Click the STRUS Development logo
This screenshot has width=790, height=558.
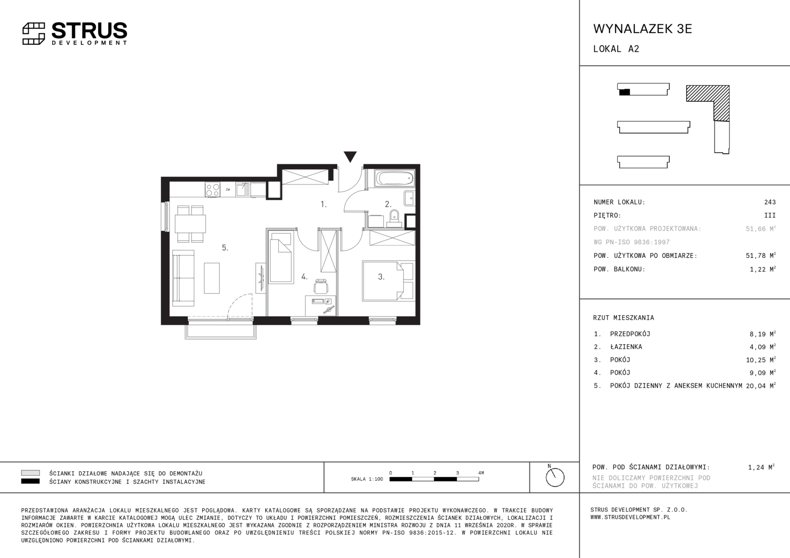pyautogui.click(x=75, y=34)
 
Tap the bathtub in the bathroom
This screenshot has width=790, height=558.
pyautogui.click(x=395, y=178)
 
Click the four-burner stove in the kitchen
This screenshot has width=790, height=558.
pyautogui.click(x=212, y=190)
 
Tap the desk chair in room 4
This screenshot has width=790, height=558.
pyautogui.click(x=321, y=286)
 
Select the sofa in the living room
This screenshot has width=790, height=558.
pyautogui.click(x=184, y=278)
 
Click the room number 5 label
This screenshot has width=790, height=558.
pyautogui.click(x=225, y=248)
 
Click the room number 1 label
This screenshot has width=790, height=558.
pyautogui.click(x=324, y=204)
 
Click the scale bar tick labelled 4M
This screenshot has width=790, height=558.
pyautogui.click(x=481, y=473)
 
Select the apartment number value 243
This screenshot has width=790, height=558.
pyautogui.click(x=770, y=202)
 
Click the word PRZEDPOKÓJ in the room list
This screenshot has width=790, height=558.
pyautogui.click(x=630, y=334)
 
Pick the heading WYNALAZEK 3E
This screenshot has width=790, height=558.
pyautogui.click(x=643, y=29)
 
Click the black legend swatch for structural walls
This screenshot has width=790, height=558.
pyautogui.click(x=31, y=481)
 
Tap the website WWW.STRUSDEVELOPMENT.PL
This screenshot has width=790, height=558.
pyautogui.click(x=630, y=517)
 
